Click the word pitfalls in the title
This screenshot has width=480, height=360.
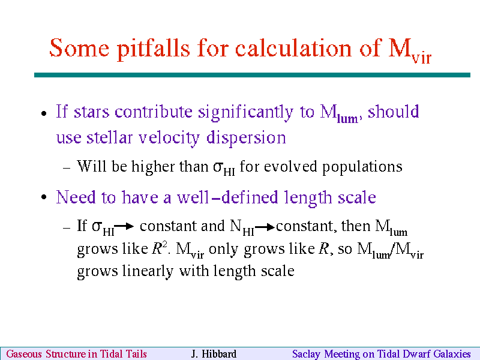pyautogui.click(x=153, y=49)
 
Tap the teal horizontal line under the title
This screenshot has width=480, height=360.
pyautogui.click(x=252, y=75)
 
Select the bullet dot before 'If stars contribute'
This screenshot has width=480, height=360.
pyautogui.click(x=44, y=113)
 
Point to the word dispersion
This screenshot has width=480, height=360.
pyautogui.click(x=246, y=138)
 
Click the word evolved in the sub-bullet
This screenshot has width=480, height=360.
pyautogui.click(x=290, y=167)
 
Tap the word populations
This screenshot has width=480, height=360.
pyautogui.click(x=362, y=167)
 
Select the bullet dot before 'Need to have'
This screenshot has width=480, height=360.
pyautogui.click(x=44, y=197)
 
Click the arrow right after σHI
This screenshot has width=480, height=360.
pyautogui.click(x=124, y=226)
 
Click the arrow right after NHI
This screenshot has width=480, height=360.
pyautogui.click(x=265, y=227)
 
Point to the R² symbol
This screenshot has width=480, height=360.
pyautogui.click(x=160, y=248)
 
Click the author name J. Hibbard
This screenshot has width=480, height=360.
pyautogui.click(x=214, y=354)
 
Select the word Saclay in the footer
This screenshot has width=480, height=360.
pyautogui.click(x=306, y=354)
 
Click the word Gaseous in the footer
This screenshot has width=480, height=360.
pyautogui.click(x=24, y=354)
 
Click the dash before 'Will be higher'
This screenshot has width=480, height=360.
pyautogui.click(x=67, y=168)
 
